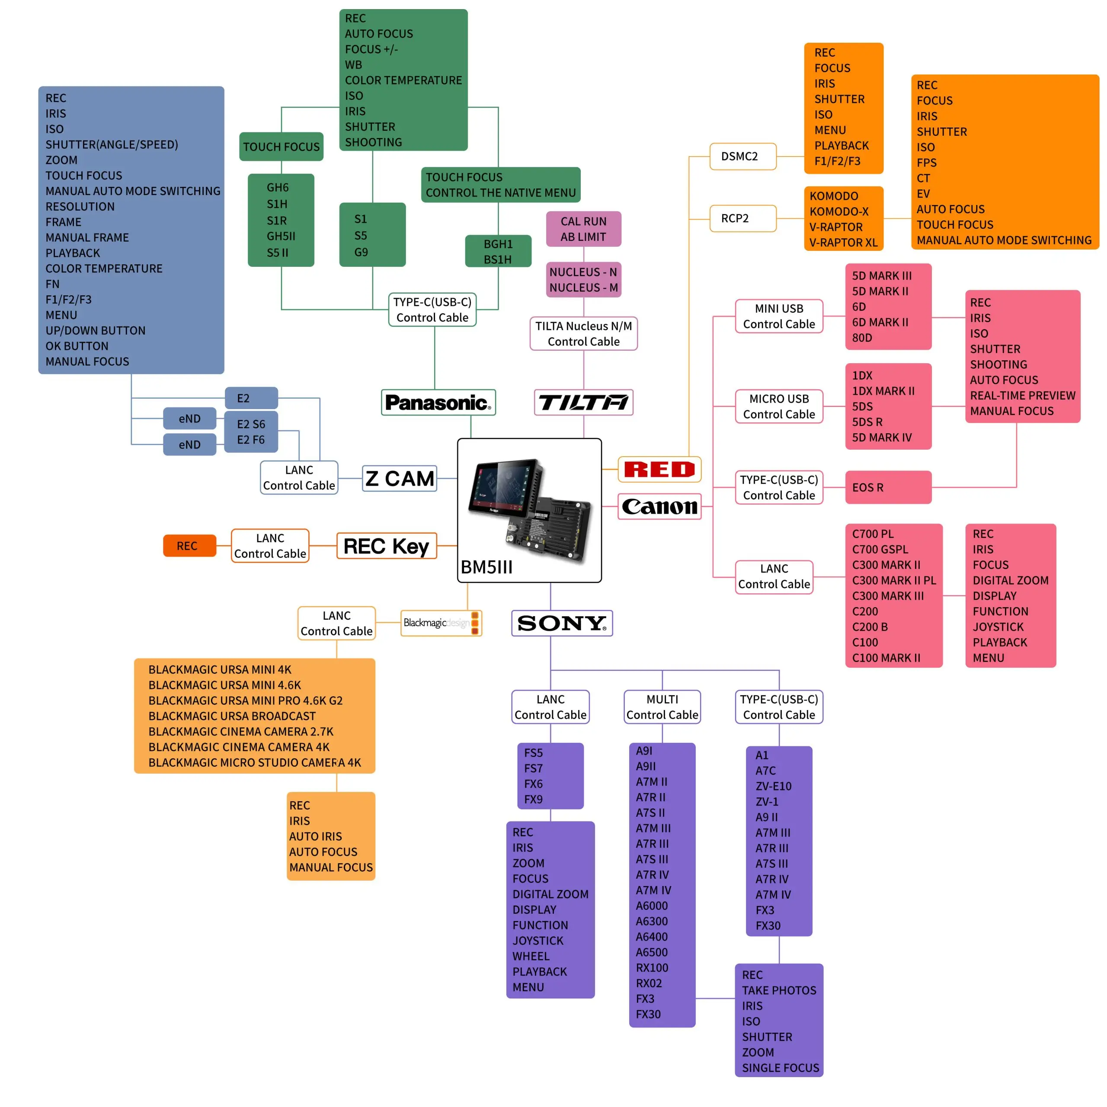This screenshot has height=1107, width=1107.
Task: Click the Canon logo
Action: [659, 506]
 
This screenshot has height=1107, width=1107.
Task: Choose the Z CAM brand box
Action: [400, 478]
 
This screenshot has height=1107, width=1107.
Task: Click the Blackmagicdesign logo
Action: [441, 623]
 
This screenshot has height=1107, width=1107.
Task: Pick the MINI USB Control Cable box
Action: [779, 316]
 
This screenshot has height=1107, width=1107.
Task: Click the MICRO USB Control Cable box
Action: [779, 406]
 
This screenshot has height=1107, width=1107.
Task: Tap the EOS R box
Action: [888, 488]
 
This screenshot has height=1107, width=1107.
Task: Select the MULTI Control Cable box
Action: [662, 707]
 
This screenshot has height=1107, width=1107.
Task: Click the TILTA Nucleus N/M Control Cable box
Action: [583, 333]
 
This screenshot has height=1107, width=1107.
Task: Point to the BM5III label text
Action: [486, 567]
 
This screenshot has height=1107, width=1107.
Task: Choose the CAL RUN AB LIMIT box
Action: [583, 229]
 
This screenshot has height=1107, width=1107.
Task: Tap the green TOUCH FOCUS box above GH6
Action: [282, 147]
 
